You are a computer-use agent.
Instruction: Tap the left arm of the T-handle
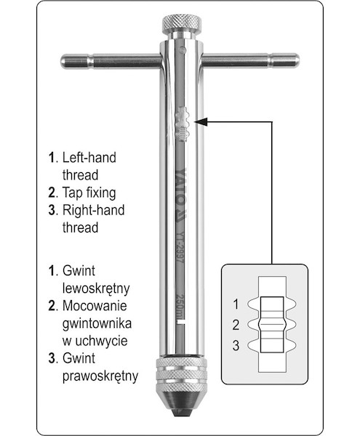[x=111, y=61]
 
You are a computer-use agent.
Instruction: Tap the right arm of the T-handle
[x=250, y=60]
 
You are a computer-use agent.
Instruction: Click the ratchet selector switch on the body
[x=183, y=124]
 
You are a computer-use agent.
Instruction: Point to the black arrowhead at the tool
[x=201, y=122]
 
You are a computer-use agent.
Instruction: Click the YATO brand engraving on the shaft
[x=182, y=194]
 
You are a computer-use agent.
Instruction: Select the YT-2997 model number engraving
[x=180, y=246]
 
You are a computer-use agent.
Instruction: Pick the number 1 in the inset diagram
[x=236, y=304]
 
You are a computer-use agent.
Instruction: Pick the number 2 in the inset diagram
[x=236, y=325]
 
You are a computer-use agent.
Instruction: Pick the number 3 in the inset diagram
[x=236, y=346]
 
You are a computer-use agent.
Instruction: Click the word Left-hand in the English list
[x=89, y=158]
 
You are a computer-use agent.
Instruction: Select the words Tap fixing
[x=89, y=193]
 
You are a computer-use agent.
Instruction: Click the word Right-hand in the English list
[x=93, y=210]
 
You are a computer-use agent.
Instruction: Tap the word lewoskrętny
[x=96, y=288]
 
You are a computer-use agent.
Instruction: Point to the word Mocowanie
[x=95, y=306]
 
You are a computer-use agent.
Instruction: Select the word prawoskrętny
[x=100, y=376]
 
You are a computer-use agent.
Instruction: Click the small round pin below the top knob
[x=183, y=50]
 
